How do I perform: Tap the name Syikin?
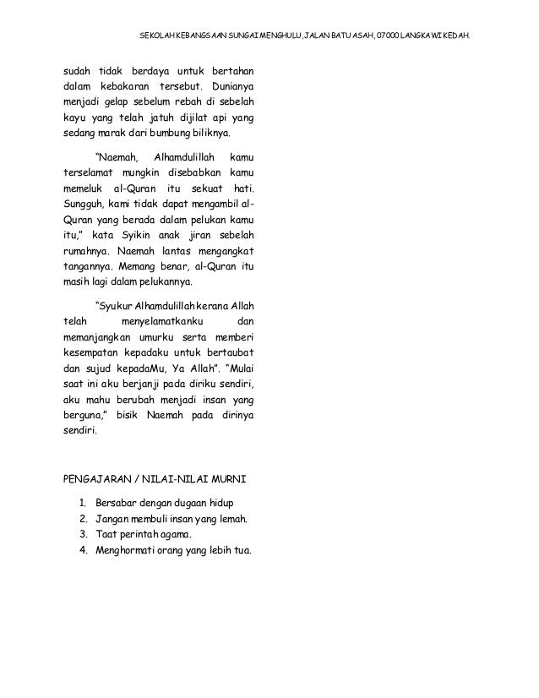click(x=150, y=234)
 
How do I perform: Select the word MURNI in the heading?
click(x=224, y=479)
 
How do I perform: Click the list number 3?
click(x=83, y=534)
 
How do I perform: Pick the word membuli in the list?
click(x=156, y=519)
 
